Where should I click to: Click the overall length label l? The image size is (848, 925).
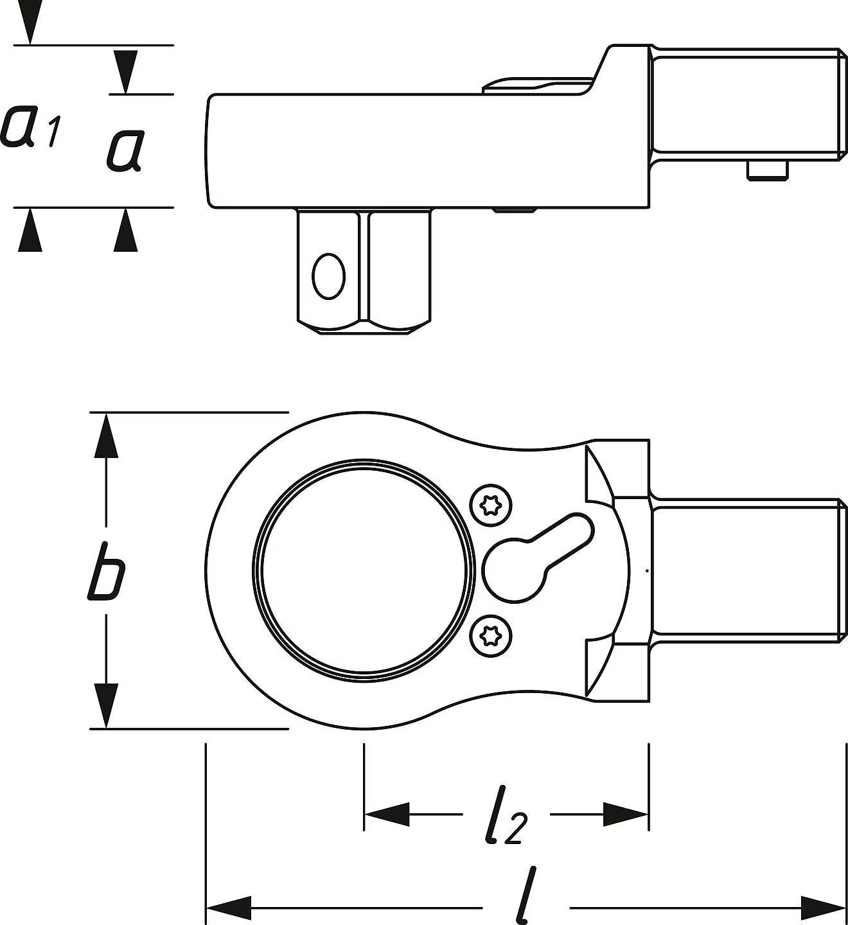click(526, 895)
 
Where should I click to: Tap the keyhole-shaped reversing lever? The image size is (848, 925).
click(535, 559)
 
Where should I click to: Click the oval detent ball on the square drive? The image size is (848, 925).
click(328, 276)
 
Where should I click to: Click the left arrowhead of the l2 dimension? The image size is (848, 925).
click(387, 815)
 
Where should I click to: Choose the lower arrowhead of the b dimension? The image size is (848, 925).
click(106, 705)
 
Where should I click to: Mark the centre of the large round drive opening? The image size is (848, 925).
click(364, 571)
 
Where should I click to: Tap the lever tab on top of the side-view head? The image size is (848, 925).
click(538, 87)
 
